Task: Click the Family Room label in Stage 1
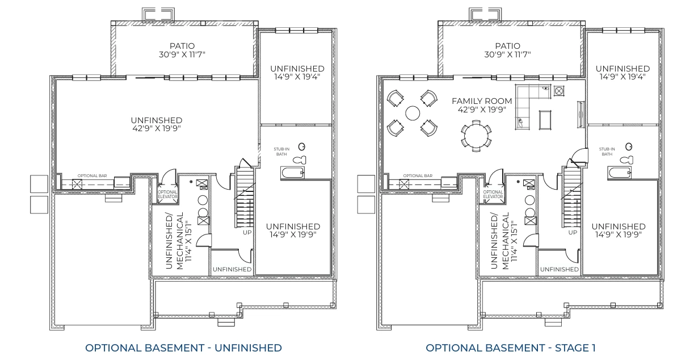(482, 101)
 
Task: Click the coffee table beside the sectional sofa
(545, 120)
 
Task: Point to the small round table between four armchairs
(412, 113)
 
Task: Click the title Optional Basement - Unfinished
(183, 347)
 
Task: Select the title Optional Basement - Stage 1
(511, 347)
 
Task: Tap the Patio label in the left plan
(183, 45)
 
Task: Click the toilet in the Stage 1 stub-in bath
(626, 160)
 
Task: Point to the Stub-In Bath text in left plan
(281, 152)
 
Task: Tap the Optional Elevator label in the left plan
(167, 194)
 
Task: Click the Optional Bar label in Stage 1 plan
(417, 176)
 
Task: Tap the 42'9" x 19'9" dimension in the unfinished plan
(156, 129)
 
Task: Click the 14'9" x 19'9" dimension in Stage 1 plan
(618, 235)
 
